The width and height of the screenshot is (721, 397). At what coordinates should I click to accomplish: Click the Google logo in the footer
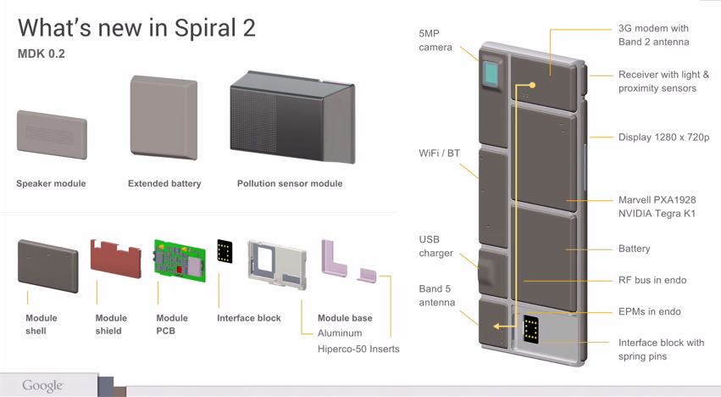[x=42, y=386]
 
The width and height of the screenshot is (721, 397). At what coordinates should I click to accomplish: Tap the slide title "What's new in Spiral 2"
[x=136, y=27]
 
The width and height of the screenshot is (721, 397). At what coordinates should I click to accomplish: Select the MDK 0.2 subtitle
[x=42, y=54]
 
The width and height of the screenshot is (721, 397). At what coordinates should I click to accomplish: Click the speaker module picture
[x=52, y=134]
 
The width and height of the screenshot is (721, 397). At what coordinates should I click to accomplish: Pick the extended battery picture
[x=164, y=118]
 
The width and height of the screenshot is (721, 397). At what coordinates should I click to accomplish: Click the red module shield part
[x=115, y=257]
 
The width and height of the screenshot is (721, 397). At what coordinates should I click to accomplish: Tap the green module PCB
[x=180, y=260]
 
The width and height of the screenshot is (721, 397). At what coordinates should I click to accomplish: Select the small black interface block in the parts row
[x=225, y=251]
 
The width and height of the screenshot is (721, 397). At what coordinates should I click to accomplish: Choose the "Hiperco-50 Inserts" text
[x=358, y=349]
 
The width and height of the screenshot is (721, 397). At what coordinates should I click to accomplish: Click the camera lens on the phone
[x=491, y=73]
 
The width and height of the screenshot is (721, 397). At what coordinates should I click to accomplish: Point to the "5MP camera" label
[x=435, y=41]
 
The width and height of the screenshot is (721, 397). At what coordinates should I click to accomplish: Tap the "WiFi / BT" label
[x=439, y=154]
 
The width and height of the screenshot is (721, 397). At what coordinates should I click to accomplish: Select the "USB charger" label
[x=435, y=246]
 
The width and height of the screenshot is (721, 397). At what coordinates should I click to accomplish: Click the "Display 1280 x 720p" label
[x=663, y=137]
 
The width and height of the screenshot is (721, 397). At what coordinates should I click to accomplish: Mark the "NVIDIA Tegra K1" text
[x=657, y=214]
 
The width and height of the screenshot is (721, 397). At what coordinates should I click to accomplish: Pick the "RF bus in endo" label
[x=652, y=280]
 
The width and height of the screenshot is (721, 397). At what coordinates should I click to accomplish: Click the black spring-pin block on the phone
[x=531, y=328]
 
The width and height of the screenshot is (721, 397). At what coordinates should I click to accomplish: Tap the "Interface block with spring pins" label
[x=661, y=349]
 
